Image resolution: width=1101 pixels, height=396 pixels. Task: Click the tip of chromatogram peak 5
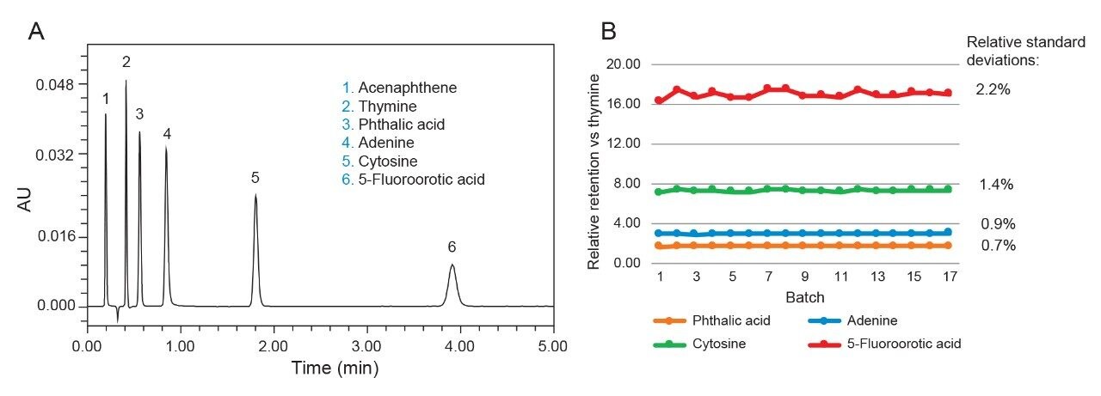click(255, 195)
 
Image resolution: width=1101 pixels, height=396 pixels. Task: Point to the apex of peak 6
click(452, 265)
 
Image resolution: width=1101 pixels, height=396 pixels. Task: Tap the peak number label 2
click(126, 62)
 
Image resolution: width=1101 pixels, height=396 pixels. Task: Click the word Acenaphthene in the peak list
click(407, 88)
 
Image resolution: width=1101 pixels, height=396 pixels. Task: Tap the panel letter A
click(36, 32)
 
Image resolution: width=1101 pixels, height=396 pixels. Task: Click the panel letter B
click(608, 32)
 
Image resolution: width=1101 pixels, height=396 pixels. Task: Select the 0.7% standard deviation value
click(998, 246)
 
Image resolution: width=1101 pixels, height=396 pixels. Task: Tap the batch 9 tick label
click(804, 277)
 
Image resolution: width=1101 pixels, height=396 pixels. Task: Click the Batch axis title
click(804, 297)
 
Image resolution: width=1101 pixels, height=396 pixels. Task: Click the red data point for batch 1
click(659, 101)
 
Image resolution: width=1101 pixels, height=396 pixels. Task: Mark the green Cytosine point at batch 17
click(948, 189)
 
